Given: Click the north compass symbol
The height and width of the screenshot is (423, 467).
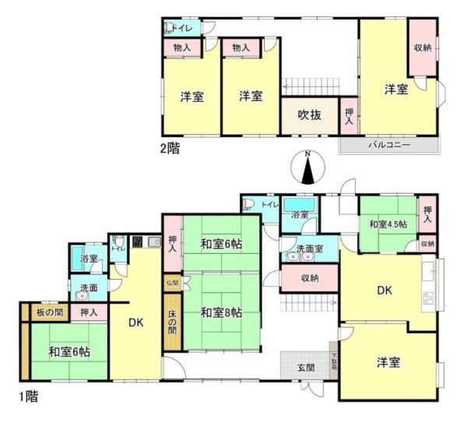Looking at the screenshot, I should pos(308,167).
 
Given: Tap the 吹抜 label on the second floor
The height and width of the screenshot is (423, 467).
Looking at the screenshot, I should pos(310,115).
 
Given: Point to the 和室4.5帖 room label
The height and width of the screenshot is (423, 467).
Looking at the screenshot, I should pos(388,225).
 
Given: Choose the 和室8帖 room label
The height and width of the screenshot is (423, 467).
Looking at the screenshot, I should pos(220,312).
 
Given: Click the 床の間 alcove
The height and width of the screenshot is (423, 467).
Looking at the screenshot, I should pos(171,322).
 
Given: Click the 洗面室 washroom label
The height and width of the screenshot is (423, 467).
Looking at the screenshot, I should pos(309,249).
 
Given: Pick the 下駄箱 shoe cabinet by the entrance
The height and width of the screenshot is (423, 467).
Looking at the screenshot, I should pos(333,362).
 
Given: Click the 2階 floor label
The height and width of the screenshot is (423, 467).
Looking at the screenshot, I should pos(170,147).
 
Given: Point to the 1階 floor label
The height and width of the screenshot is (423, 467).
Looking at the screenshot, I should pos(26,397).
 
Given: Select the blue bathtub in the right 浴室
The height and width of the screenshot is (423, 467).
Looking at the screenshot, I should pos(300,212).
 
